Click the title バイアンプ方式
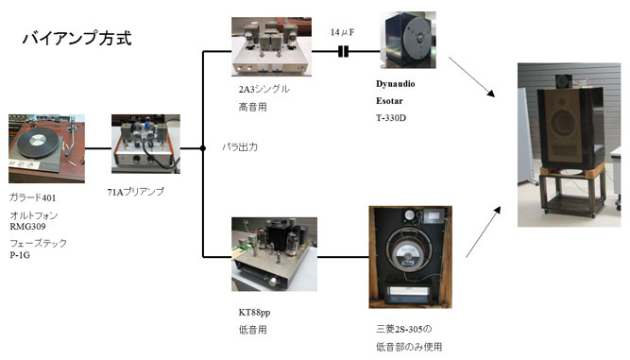[77, 38]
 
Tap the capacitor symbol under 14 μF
[343, 51]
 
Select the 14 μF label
[342, 32]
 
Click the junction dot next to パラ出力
[203, 148]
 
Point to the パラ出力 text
[240, 147]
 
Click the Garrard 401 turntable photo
[46, 148]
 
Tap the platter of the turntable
[38, 143]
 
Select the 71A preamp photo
[145, 144]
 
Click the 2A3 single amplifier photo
[271, 46]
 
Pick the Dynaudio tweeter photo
[408, 40]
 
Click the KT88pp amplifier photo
[275, 254]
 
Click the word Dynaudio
[396, 84]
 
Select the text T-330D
[391, 118]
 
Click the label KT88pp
[254, 313]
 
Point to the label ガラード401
[32, 197]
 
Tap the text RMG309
[27, 227]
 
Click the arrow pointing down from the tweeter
[471, 77]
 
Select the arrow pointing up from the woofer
[484, 231]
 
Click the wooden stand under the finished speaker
[571, 190]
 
